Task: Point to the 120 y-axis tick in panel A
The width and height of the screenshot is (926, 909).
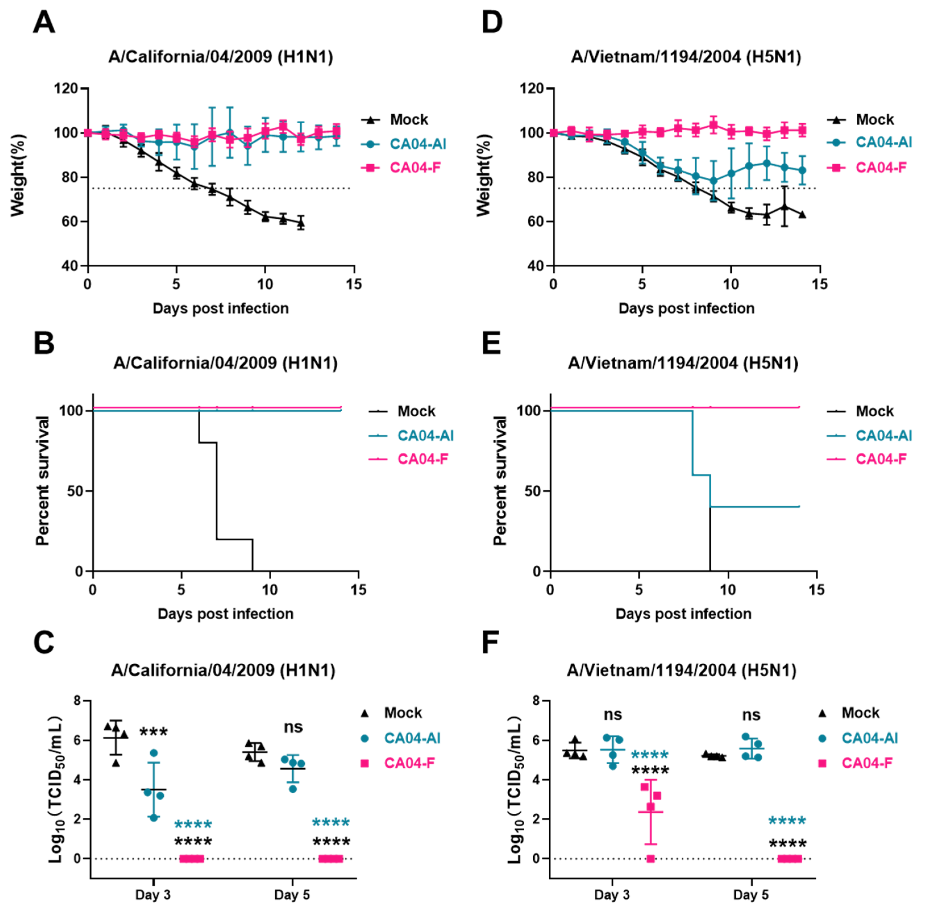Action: click(66, 89)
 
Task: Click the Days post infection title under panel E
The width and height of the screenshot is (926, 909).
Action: click(683, 613)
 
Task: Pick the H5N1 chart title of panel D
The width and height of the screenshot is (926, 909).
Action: click(686, 57)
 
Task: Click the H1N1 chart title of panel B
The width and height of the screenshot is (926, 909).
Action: click(225, 363)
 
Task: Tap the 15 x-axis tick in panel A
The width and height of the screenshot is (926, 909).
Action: click(354, 285)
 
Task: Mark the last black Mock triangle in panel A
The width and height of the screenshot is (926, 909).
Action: click(301, 223)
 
